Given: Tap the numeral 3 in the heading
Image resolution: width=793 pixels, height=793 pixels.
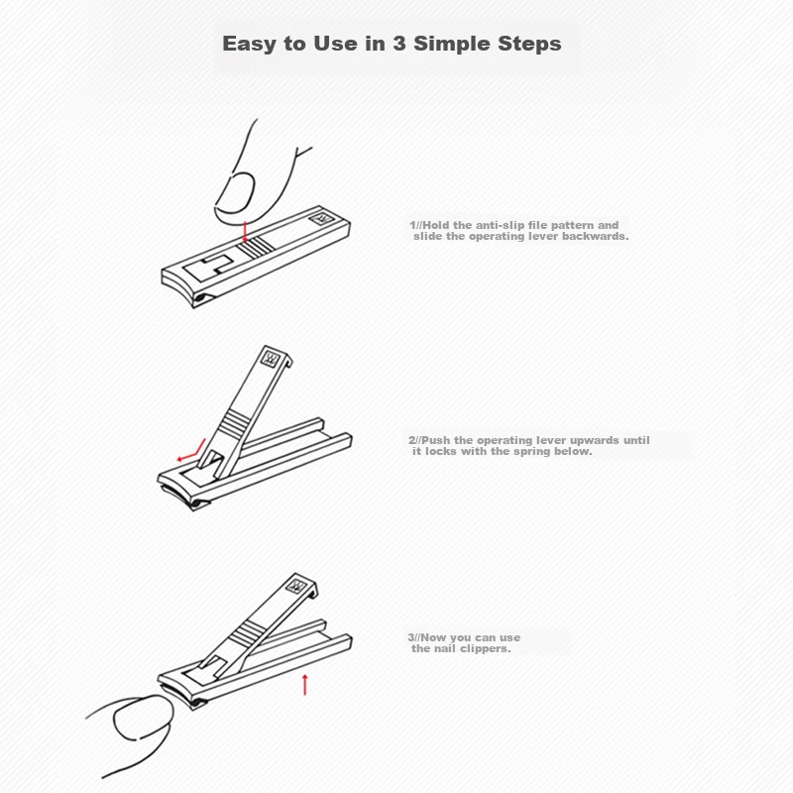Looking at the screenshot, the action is click(399, 44).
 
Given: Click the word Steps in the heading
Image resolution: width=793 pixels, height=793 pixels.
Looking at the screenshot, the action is click(529, 44).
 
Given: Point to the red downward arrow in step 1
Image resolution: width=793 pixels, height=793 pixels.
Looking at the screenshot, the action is click(245, 232).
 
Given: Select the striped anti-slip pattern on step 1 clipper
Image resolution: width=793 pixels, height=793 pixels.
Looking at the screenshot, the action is click(258, 246).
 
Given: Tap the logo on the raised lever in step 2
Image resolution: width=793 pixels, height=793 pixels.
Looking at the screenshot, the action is click(272, 360).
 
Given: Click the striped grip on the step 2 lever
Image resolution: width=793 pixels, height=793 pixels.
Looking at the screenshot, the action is click(237, 420).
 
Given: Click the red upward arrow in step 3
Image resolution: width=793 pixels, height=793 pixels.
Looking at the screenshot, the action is click(305, 684).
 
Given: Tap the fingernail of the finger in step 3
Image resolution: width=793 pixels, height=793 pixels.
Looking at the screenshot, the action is click(144, 716).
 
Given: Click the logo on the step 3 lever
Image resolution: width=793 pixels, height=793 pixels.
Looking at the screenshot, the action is click(295, 586).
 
